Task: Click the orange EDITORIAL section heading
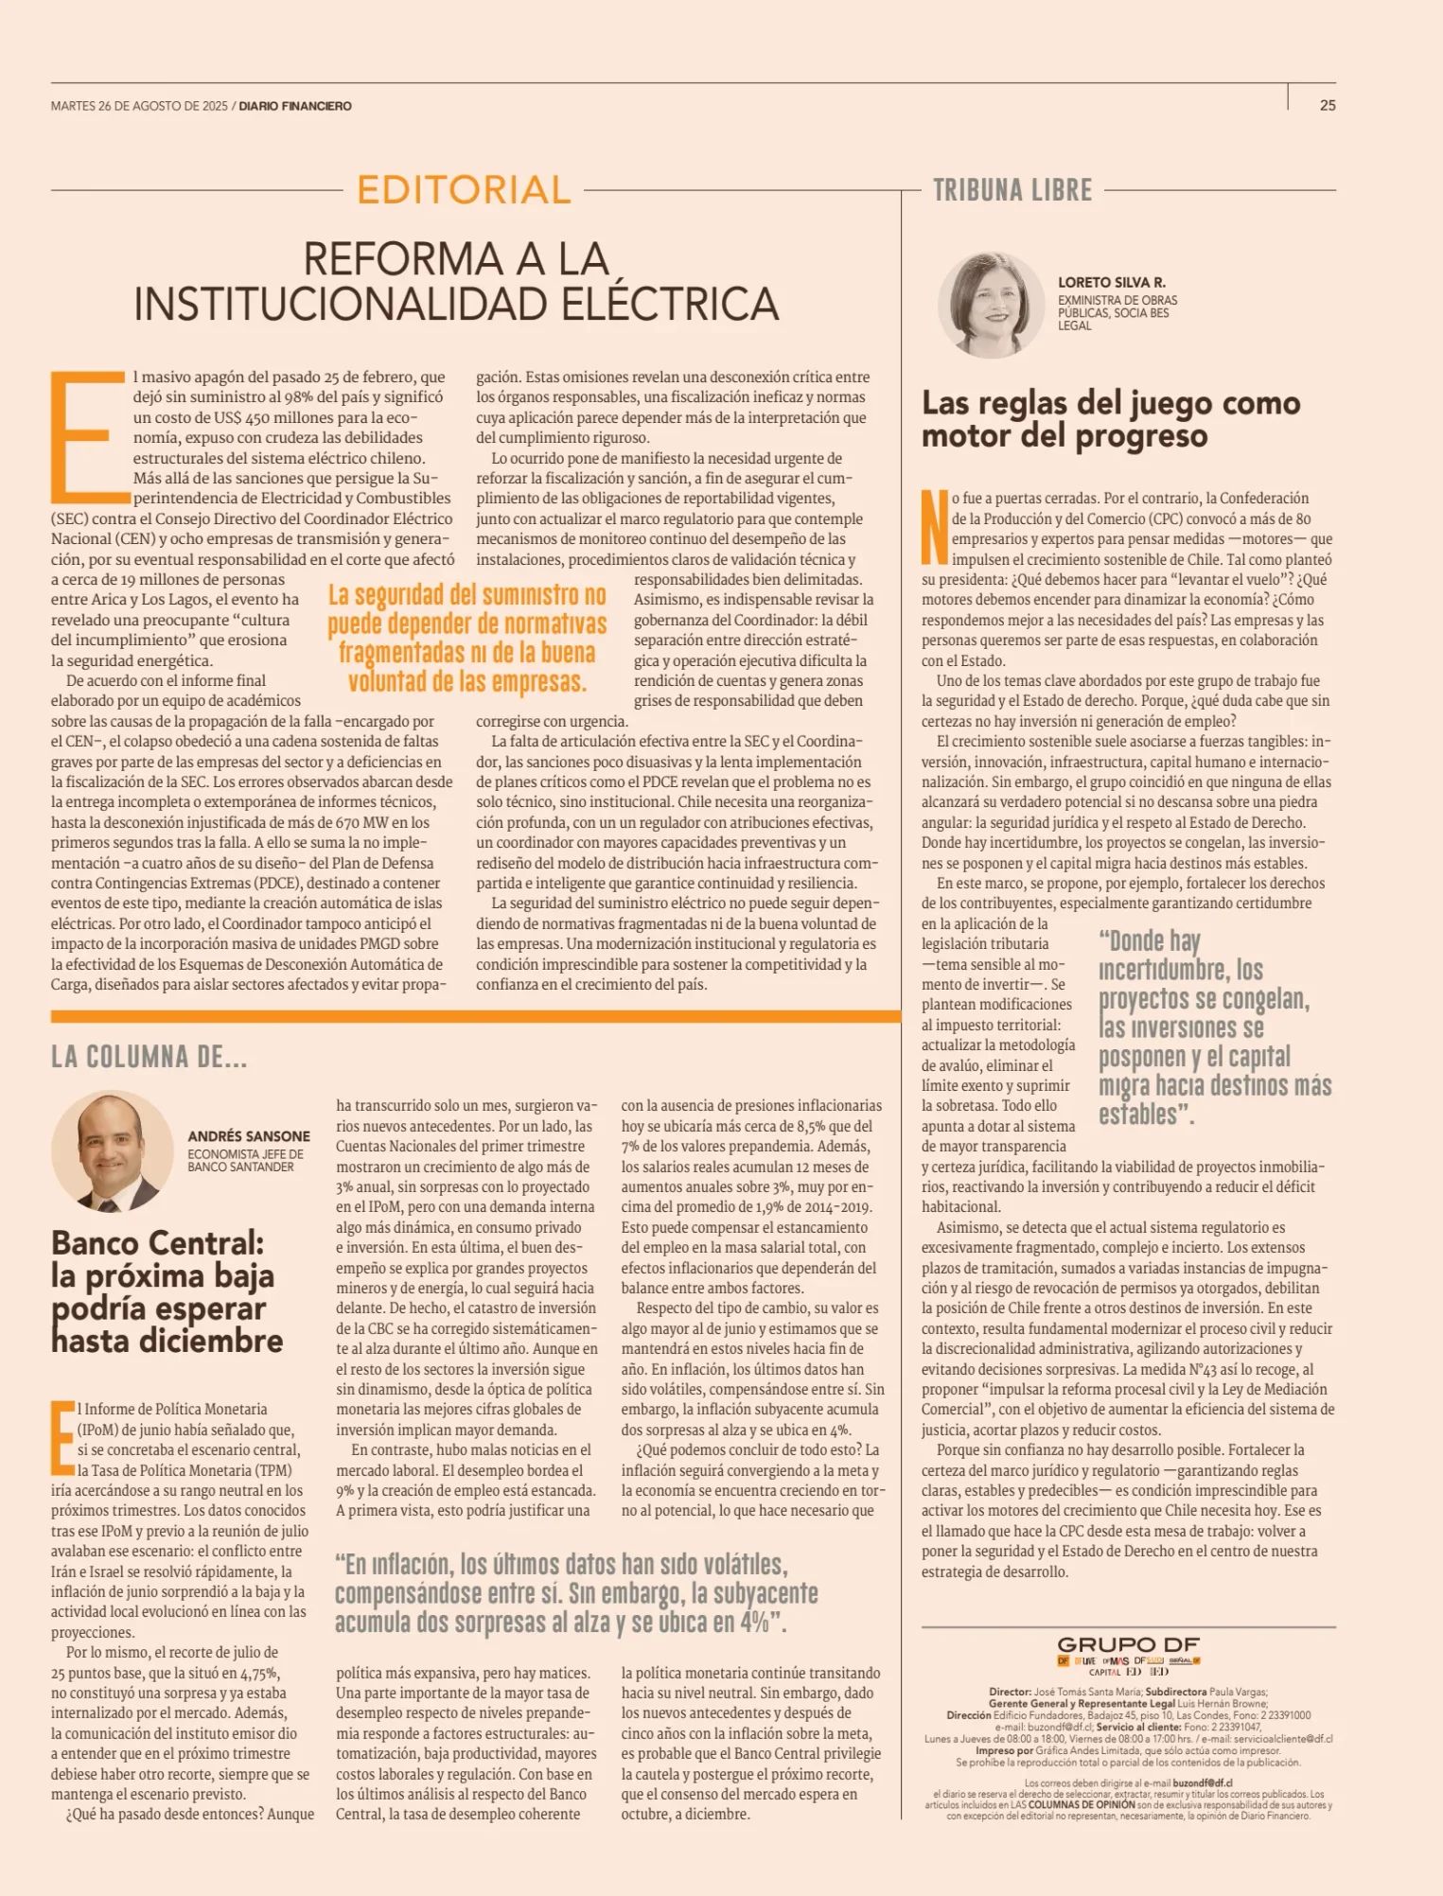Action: [x=464, y=190]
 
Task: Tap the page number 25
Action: [x=1328, y=106]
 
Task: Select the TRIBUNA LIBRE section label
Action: [x=1012, y=190]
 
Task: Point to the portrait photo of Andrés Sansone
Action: [x=112, y=1151]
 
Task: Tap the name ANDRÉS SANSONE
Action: [x=248, y=1135]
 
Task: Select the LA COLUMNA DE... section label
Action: [x=149, y=1057]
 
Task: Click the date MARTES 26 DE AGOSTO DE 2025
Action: [x=139, y=106]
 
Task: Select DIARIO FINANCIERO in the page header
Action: [x=295, y=106]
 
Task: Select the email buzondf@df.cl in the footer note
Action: [x=1202, y=1782]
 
